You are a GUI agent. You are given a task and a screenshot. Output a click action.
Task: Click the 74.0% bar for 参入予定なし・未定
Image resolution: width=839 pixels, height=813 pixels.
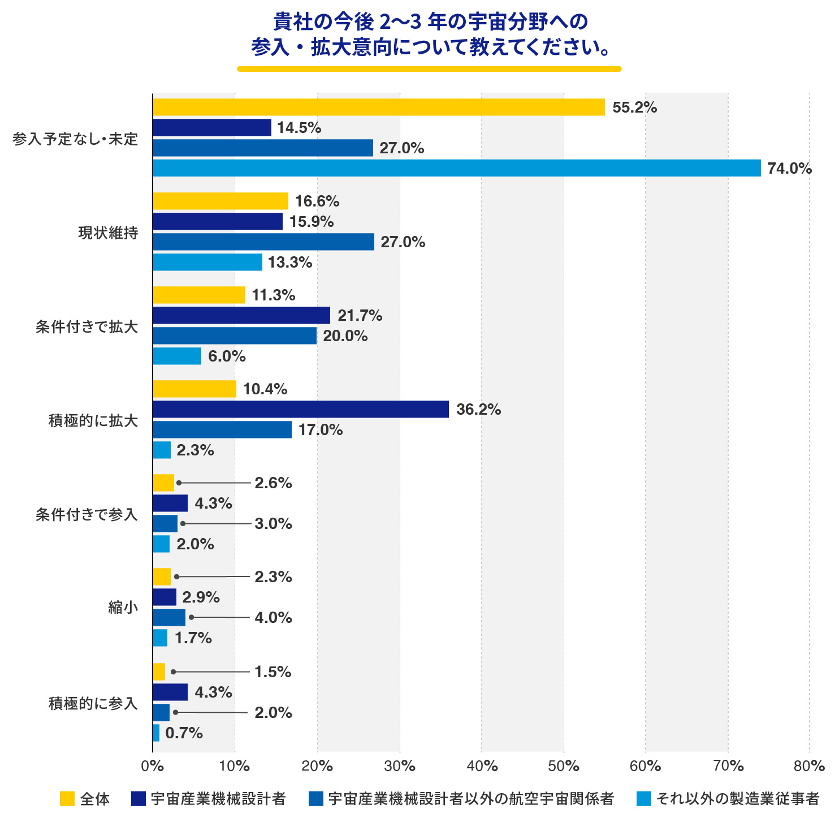[x=457, y=168]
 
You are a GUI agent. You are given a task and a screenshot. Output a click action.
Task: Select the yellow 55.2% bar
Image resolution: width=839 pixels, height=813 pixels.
[x=379, y=107]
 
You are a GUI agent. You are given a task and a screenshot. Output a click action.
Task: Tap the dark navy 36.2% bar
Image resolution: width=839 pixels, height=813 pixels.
[x=301, y=409]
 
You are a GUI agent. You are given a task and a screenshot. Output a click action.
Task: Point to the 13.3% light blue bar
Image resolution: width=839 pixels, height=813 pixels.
[x=207, y=262]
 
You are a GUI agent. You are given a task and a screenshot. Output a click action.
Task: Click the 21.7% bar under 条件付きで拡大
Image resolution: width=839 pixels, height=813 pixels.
[x=241, y=315]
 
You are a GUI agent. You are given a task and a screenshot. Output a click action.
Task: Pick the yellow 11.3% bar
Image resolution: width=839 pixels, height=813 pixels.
[x=199, y=295]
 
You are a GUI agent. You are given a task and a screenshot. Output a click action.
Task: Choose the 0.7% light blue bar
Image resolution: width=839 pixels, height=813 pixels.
[x=156, y=733]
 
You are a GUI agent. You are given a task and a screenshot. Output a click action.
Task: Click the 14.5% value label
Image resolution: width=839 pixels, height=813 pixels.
[x=299, y=128]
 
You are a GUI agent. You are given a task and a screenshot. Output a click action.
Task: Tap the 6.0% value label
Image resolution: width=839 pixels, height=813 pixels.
[x=227, y=356]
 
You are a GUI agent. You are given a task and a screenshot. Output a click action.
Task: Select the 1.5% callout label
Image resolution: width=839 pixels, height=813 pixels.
[x=273, y=672]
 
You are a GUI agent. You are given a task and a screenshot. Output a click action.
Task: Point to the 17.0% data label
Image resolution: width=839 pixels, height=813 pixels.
[x=321, y=430]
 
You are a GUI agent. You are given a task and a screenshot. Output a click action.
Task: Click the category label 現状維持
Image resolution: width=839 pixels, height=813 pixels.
[x=108, y=233]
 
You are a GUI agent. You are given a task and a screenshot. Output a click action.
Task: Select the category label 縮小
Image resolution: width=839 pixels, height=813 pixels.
[x=123, y=608]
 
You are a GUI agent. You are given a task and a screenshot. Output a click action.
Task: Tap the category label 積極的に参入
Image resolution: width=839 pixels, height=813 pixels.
[x=93, y=703]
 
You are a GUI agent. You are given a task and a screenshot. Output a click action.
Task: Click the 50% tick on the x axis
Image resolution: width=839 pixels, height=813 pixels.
[x=564, y=766]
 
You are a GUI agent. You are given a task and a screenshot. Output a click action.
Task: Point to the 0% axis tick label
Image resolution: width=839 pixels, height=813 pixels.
[x=152, y=766]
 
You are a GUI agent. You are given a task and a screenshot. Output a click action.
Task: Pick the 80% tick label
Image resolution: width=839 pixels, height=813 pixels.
[x=809, y=766]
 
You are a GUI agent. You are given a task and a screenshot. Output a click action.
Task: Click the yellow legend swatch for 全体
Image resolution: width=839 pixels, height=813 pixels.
[x=67, y=799]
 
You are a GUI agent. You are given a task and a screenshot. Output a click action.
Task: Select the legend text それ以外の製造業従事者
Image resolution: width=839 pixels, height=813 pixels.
[x=738, y=799]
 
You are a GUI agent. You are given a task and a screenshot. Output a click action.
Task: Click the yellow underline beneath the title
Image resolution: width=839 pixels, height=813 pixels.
[x=429, y=68]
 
